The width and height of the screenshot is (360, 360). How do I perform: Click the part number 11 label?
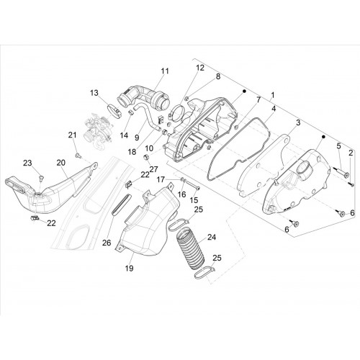tap(165, 71)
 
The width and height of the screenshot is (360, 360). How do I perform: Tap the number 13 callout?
tap(94, 93)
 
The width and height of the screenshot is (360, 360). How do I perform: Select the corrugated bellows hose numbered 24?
tap(191, 248)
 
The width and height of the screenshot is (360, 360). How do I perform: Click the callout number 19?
tap(129, 268)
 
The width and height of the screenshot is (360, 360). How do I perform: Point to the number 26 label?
tap(107, 243)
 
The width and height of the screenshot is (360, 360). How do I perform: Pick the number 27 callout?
tap(153, 169)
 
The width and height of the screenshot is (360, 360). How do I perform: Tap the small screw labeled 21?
tap(78, 156)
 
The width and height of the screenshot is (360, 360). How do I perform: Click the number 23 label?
tap(27, 163)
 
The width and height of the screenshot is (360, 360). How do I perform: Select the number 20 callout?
tap(61, 163)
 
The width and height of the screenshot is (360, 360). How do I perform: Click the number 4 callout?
tap(274, 109)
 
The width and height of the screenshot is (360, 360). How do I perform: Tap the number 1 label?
tap(273, 96)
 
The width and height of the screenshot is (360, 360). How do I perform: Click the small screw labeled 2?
tap(351, 184)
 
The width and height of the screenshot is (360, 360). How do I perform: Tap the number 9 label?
tap(137, 138)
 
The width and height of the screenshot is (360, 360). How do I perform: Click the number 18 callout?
tap(132, 152)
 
